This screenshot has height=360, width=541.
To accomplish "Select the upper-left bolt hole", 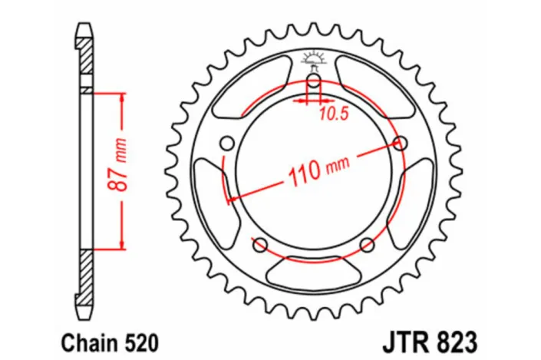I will (x=227, y=143).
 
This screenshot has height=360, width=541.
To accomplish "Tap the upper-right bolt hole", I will (x=401, y=142).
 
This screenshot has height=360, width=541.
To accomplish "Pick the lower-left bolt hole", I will (x=260, y=245).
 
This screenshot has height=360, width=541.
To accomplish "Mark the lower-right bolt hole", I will (x=368, y=245).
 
